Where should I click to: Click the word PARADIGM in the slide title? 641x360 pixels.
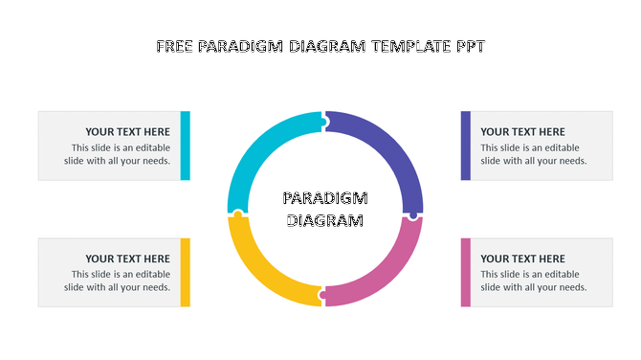pyautogui.click(x=240, y=46)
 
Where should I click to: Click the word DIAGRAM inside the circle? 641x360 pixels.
pyautogui.click(x=325, y=220)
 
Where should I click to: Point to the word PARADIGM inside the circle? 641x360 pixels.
pyautogui.click(x=325, y=199)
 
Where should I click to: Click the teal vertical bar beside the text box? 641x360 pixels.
pyautogui.click(x=186, y=146)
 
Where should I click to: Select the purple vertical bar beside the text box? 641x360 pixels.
pyautogui.click(x=466, y=146)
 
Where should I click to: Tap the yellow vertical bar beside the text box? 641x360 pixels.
pyautogui.click(x=186, y=273)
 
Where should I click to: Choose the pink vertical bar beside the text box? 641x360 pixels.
pyautogui.click(x=466, y=273)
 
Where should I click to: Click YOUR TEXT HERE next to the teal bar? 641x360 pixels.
pyautogui.click(x=127, y=132)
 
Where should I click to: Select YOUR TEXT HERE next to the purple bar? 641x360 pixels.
pyautogui.click(x=522, y=132)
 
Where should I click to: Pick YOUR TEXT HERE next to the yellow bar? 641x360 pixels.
pyautogui.click(x=127, y=259)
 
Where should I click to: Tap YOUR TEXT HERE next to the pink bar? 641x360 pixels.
pyautogui.click(x=522, y=259)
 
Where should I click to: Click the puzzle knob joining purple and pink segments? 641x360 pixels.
pyautogui.click(x=412, y=215)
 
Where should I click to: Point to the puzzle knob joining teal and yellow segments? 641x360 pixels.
pyautogui.click(x=237, y=214)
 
